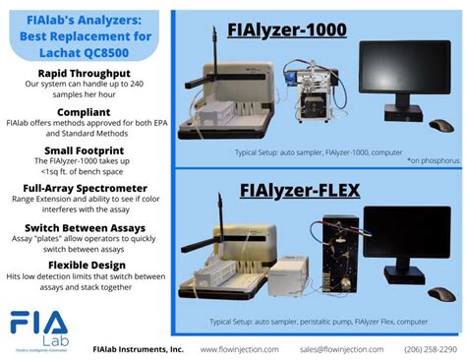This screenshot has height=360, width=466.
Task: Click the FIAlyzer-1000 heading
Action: click(286, 30)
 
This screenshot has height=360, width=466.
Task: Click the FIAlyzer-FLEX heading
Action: click(280, 190)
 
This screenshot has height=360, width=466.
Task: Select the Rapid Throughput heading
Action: click(84, 74)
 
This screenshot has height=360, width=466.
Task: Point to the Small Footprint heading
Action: click(84, 149)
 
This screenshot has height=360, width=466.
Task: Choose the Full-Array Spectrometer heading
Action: click(84, 186)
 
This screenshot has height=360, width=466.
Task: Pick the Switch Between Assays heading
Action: click(84, 226)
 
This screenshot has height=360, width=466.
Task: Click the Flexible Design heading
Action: click(84, 265)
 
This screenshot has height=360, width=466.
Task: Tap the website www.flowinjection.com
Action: click(239, 349)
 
